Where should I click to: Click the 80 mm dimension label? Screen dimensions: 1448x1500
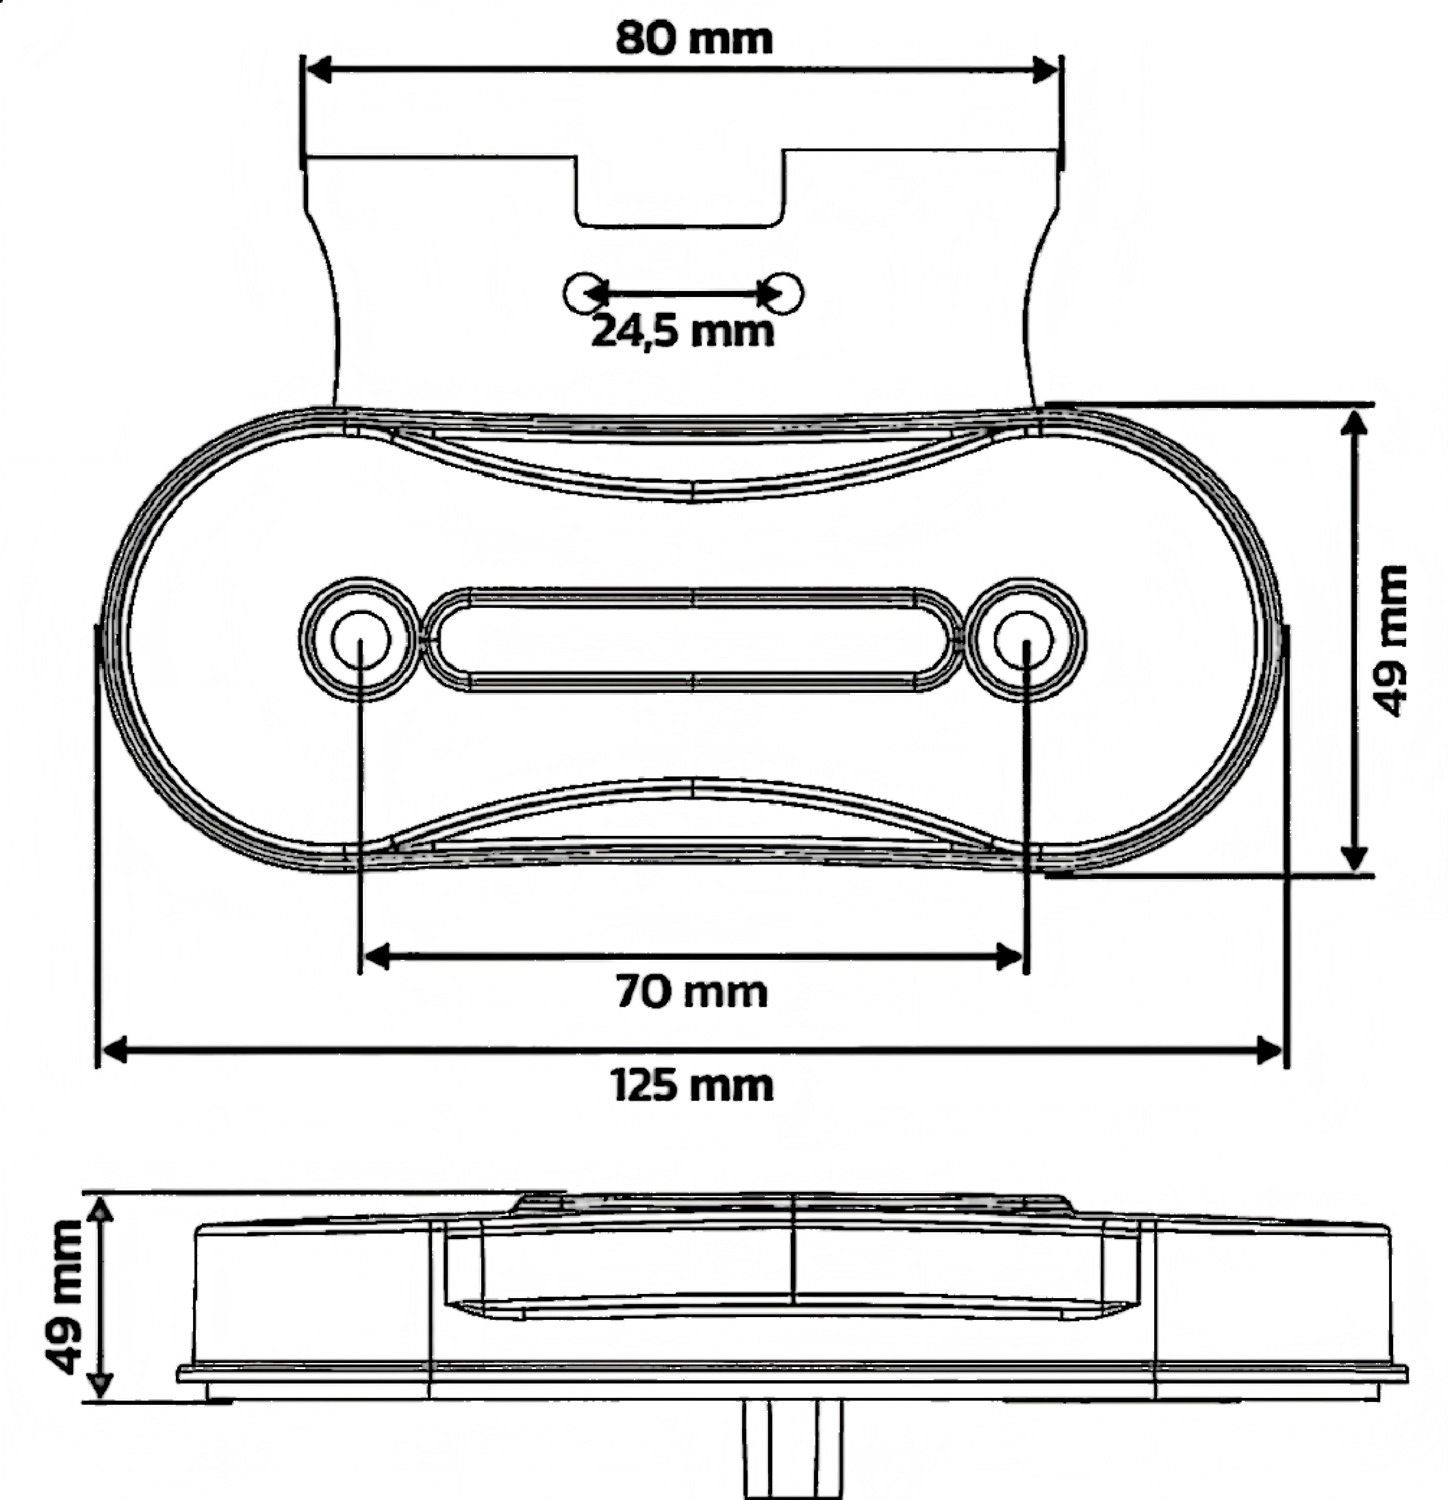click(694, 38)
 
